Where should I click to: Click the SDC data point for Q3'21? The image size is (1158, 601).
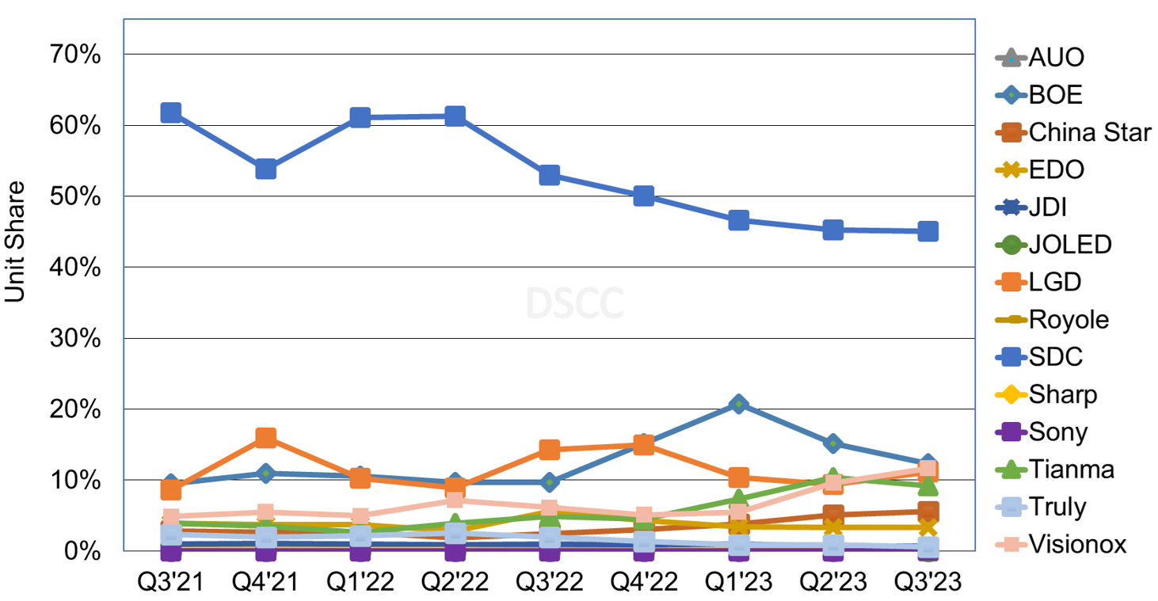[170, 112]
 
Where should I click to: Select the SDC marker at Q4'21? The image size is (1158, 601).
[265, 169]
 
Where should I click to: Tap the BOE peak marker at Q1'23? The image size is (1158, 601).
[738, 405]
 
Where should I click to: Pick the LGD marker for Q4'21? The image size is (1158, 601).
[265, 437]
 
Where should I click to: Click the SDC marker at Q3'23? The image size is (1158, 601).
[928, 231]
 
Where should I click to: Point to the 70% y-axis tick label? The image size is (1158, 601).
[76, 55]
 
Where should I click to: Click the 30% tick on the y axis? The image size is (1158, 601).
[76, 338]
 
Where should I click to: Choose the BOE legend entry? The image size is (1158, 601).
[1055, 95]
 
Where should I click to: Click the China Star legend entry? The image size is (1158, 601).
[1089, 132]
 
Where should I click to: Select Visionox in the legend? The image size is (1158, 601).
[1077, 544]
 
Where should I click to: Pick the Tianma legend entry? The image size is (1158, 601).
[1071, 469]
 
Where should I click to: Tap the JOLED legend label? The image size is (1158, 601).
[1069, 245]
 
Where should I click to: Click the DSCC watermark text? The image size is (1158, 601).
[576, 302]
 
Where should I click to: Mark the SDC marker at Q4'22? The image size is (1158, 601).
[644, 196]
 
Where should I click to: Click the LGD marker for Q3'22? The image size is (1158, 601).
[550, 450]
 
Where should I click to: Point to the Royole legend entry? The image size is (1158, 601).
[1068, 319]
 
